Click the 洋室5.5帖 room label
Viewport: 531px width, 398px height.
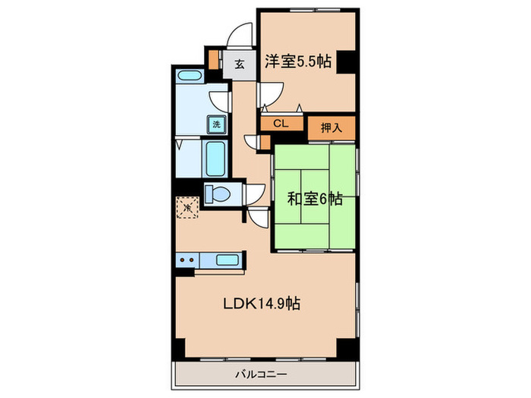click(x=298, y=61)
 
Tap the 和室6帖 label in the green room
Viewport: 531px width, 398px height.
click(x=315, y=199)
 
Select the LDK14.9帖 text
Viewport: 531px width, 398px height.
click(x=262, y=303)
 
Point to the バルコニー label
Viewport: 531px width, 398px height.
click(x=261, y=374)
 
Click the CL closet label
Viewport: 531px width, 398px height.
click(x=281, y=124)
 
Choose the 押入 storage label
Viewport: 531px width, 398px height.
click(x=331, y=128)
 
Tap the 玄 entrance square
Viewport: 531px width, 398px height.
click(x=240, y=64)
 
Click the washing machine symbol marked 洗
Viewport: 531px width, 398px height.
click(x=216, y=124)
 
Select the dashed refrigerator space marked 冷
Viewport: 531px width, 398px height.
click(x=187, y=207)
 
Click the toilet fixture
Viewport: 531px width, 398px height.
click(x=218, y=195)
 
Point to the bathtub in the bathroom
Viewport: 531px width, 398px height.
click(x=215, y=158)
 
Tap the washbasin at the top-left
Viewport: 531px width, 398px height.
click(x=190, y=76)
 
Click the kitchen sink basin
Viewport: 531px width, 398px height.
click(x=228, y=260)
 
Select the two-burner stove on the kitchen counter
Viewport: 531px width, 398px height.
click(x=188, y=260)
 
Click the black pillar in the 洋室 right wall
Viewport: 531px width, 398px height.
click(x=346, y=61)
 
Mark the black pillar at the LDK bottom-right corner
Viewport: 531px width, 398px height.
click(x=347, y=347)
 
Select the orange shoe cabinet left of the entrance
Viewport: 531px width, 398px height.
click(x=213, y=60)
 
